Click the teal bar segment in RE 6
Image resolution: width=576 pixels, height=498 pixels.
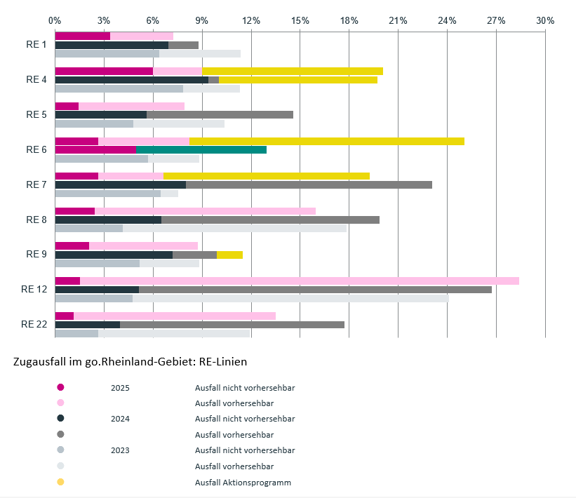click(201, 150)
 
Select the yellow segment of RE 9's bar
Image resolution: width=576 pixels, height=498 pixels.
click(229, 255)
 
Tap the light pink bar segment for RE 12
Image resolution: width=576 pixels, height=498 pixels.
click(300, 281)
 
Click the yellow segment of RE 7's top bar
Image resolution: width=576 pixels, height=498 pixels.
click(267, 176)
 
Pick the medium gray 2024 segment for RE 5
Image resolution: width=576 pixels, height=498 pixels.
click(220, 114)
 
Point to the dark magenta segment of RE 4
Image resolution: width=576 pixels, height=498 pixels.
click(104, 72)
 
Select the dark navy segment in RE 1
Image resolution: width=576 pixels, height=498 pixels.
click(112, 45)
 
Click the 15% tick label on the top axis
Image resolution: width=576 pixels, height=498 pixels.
click(300, 20)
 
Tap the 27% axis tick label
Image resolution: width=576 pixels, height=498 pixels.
click(496, 20)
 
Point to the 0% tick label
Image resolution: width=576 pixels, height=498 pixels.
click(55, 20)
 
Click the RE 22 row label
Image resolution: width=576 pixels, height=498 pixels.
click(34, 324)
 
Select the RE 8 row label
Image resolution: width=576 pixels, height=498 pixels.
click(36, 220)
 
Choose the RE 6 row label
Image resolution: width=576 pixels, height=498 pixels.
click(36, 149)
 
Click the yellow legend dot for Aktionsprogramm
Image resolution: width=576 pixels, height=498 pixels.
click(60, 482)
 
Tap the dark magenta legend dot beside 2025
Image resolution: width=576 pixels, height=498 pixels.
click(60, 387)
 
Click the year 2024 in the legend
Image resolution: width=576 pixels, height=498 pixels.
click(120, 419)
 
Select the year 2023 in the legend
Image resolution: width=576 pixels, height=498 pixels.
click(120, 450)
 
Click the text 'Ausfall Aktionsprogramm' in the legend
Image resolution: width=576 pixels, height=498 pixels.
click(243, 483)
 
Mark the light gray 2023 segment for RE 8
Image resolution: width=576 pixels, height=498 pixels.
click(235, 229)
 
